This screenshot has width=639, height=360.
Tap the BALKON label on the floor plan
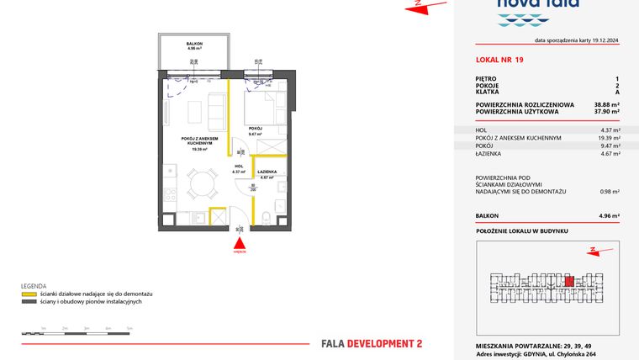pyautogui.click(x=193, y=44)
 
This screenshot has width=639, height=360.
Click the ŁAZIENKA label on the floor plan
pyautogui.click(x=268, y=172)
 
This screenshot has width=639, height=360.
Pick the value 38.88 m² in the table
pyautogui.click(x=605, y=103)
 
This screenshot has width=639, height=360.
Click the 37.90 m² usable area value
pyautogui.click(x=605, y=111)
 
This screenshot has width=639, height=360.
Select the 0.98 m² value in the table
pyautogui.click(x=610, y=192)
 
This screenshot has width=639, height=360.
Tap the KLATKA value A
pyautogui.click(x=617, y=92)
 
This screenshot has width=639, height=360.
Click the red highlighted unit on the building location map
pyautogui.click(x=569, y=282)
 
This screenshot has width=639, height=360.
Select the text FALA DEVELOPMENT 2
pyautogui.click(x=372, y=343)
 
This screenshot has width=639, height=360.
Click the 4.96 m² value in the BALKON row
pyautogui.click(x=609, y=216)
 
